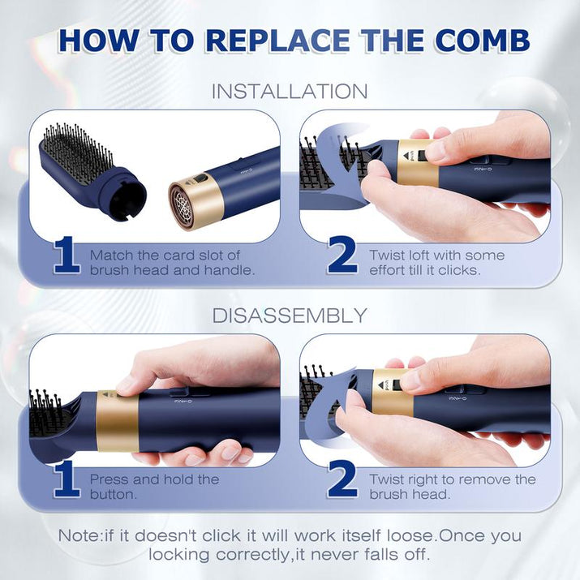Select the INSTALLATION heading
pyautogui.click(x=290, y=92)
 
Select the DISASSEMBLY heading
pyautogui.click(x=290, y=316)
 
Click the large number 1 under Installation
pyautogui.click(x=67, y=255)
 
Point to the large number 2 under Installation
pyautogui.click(x=342, y=255)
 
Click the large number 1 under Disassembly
pyautogui.click(x=67, y=479)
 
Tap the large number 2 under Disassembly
pyautogui.click(x=342, y=479)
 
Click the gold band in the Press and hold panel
pyautogui.click(x=118, y=421)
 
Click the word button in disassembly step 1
pyautogui.click(x=114, y=495)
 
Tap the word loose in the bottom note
pyautogui.click(x=410, y=535)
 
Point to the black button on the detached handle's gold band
pyautogui.click(x=199, y=179)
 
